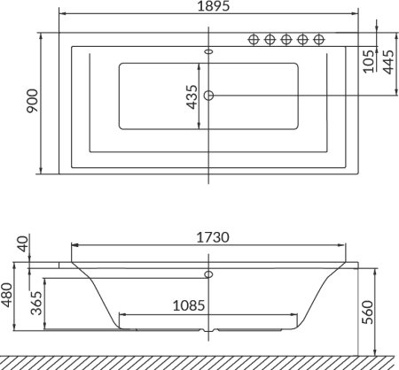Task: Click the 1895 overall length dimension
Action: pyautogui.click(x=213, y=6)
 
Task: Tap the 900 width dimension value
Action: pyautogui.click(x=33, y=101)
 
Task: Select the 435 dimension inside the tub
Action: pyautogui.click(x=192, y=97)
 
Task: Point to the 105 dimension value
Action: pyautogui.click(x=368, y=62)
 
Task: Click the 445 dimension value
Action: pyautogui.click(x=388, y=62)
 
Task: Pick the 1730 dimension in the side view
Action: pyautogui.click(x=213, y=237)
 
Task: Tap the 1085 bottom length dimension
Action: pyautogui.click(x=189, y=305)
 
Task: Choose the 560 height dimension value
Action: pyautogui.click(x=368, y=312)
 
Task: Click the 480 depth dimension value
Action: pyautogui.click(x=6, y=295)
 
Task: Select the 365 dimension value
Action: pyautogui.click(x=36, y=303)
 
